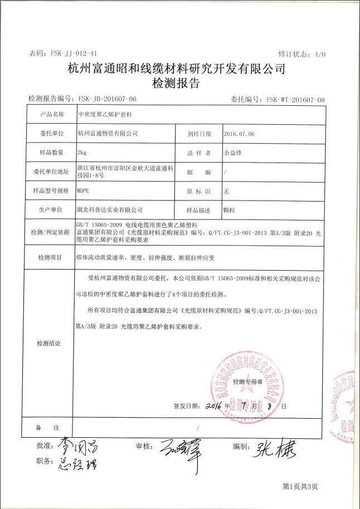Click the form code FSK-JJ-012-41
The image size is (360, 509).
74,53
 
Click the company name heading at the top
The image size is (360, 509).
176,69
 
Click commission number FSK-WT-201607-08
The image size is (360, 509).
295,99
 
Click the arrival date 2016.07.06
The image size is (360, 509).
239,134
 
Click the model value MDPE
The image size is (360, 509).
84,190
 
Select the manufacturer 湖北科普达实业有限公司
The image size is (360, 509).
109,210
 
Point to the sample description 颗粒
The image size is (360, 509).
228,210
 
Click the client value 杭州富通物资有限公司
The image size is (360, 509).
108,134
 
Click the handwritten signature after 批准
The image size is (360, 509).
70,446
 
